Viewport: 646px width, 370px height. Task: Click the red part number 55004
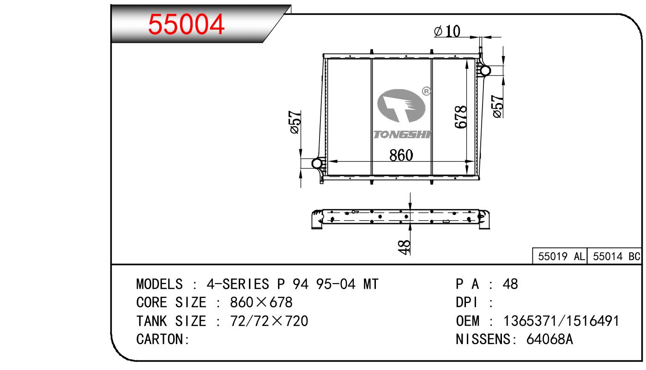click(186, 24)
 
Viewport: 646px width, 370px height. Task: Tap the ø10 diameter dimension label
click(447, 31)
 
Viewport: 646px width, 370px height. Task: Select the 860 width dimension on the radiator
click(401, 155)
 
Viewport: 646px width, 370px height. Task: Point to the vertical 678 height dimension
click(460, 117)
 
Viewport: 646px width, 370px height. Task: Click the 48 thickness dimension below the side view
click(404, 247)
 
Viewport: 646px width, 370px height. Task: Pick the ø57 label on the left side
click(296, 122)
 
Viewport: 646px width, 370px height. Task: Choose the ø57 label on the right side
click(498, 106)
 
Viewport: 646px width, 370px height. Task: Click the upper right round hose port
click(485, 70)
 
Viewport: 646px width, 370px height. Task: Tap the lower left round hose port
click(317, 164)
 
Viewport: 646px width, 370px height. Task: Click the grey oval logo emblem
click(401, 106)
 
